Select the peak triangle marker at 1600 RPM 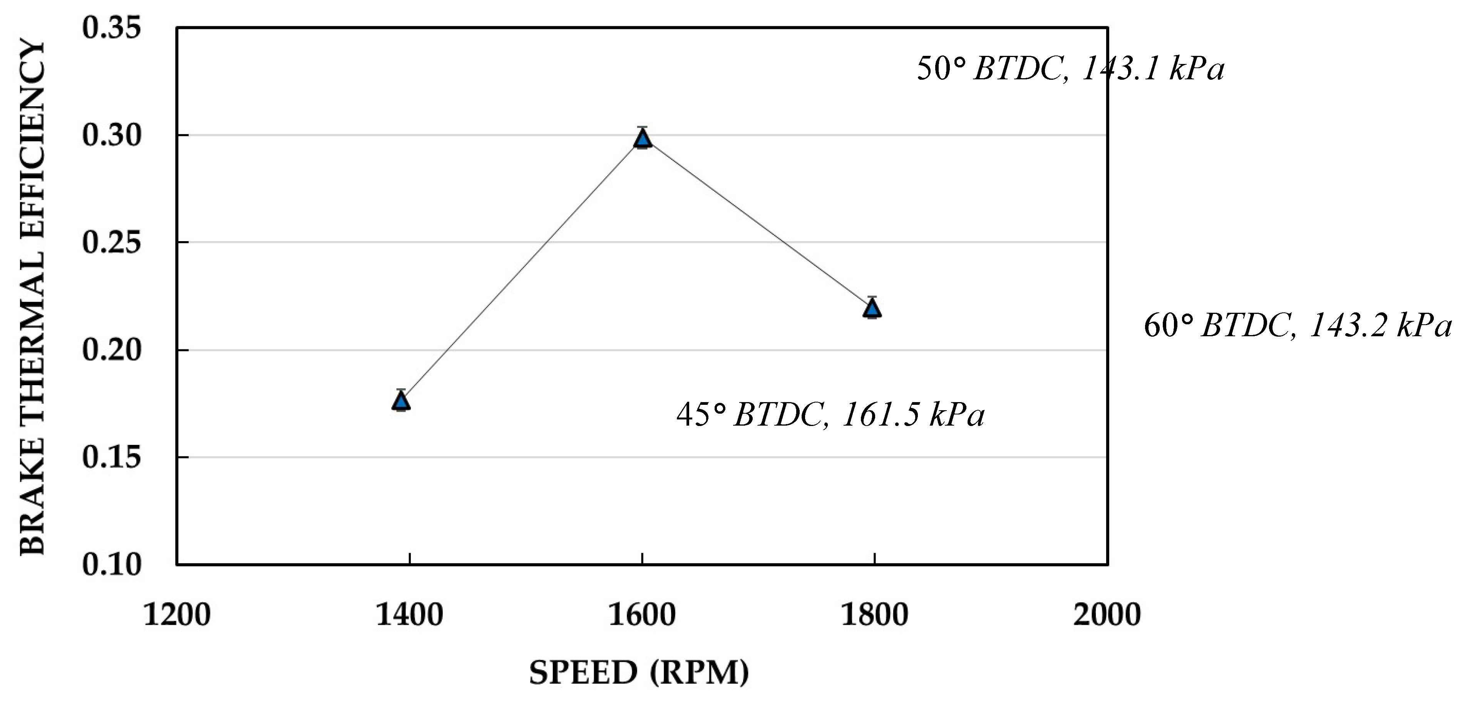pyautogui.click(x=642, y=138)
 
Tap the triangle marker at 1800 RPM pyautogui.click(x=873, y=308)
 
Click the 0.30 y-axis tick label pyautogui.click(x=111, y=136)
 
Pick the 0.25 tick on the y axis pyautogui.click(x=111, y=243)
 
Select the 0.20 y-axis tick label pyautogui.click(x=111, y=350)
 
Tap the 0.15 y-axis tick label pyautogui.click(x=111, y=457)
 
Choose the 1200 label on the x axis pyautogui.click(x=177, y=615)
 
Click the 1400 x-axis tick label pyautogui.click(x=409, y=615)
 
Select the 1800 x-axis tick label pyautogui.click(x=874, y=615)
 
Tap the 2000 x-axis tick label pyautogui.click(x=1106, y=615)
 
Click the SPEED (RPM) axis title pyautogui.click(x=639, y=672)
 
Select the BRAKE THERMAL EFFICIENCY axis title pyautogui.click(x=32, y=298)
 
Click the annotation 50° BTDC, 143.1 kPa pyautogui.click(x=1070, y=69)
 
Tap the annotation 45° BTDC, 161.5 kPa pyautogui.click(x=830, y=414)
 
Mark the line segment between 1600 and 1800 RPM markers pyautogui.click(x=758, y=223)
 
